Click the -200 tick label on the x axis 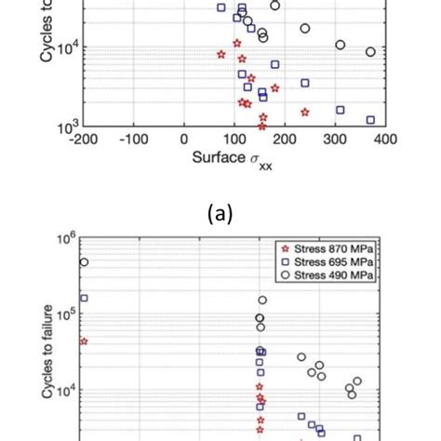coord(83,140)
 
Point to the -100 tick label coord(134,140)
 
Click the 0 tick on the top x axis coord(186,140)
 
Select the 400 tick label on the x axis coord(385,140)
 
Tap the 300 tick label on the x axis coord(335,140)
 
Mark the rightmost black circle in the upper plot coord(370,52)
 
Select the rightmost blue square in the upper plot coord(370,120)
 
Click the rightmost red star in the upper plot coord(304,112)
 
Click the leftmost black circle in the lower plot coord(84,262)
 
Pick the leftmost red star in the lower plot coord(84,341)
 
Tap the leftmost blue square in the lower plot coord(84,298)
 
